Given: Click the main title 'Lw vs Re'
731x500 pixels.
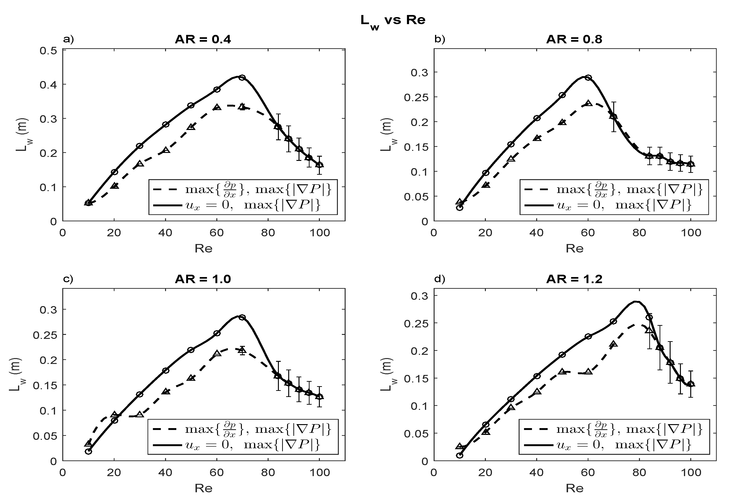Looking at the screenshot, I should pos(393,20).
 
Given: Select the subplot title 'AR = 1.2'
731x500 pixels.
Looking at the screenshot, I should pos(574,279).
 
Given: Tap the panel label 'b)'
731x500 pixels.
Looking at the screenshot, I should pos(439,40).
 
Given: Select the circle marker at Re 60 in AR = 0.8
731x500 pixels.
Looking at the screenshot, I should pos(588,78).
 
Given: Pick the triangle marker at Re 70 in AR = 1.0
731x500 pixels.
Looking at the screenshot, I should pos(242,350).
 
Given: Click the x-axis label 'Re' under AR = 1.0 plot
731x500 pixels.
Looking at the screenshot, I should pos(203,488).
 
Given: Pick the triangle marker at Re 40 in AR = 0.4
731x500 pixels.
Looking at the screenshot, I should pos(166,150).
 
